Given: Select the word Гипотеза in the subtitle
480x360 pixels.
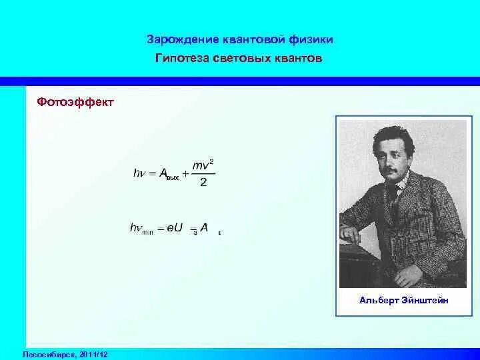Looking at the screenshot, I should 182,59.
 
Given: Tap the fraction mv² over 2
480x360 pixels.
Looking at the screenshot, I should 203,173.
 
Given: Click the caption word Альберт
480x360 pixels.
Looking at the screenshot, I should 378,301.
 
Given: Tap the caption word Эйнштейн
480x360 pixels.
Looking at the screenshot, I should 425,301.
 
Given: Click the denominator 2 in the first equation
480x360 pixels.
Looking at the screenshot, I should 203,182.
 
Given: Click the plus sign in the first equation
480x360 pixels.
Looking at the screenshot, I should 185,173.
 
